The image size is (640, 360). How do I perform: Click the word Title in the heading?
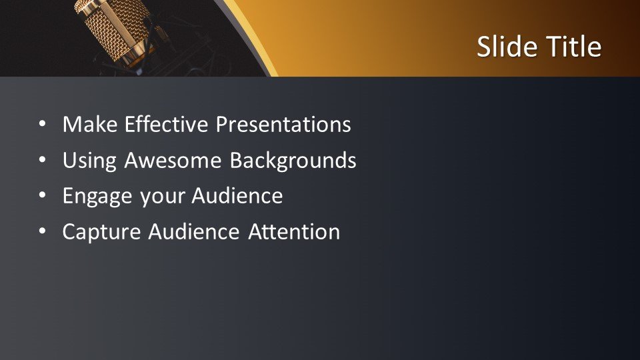574,47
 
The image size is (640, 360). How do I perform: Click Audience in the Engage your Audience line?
237,196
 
